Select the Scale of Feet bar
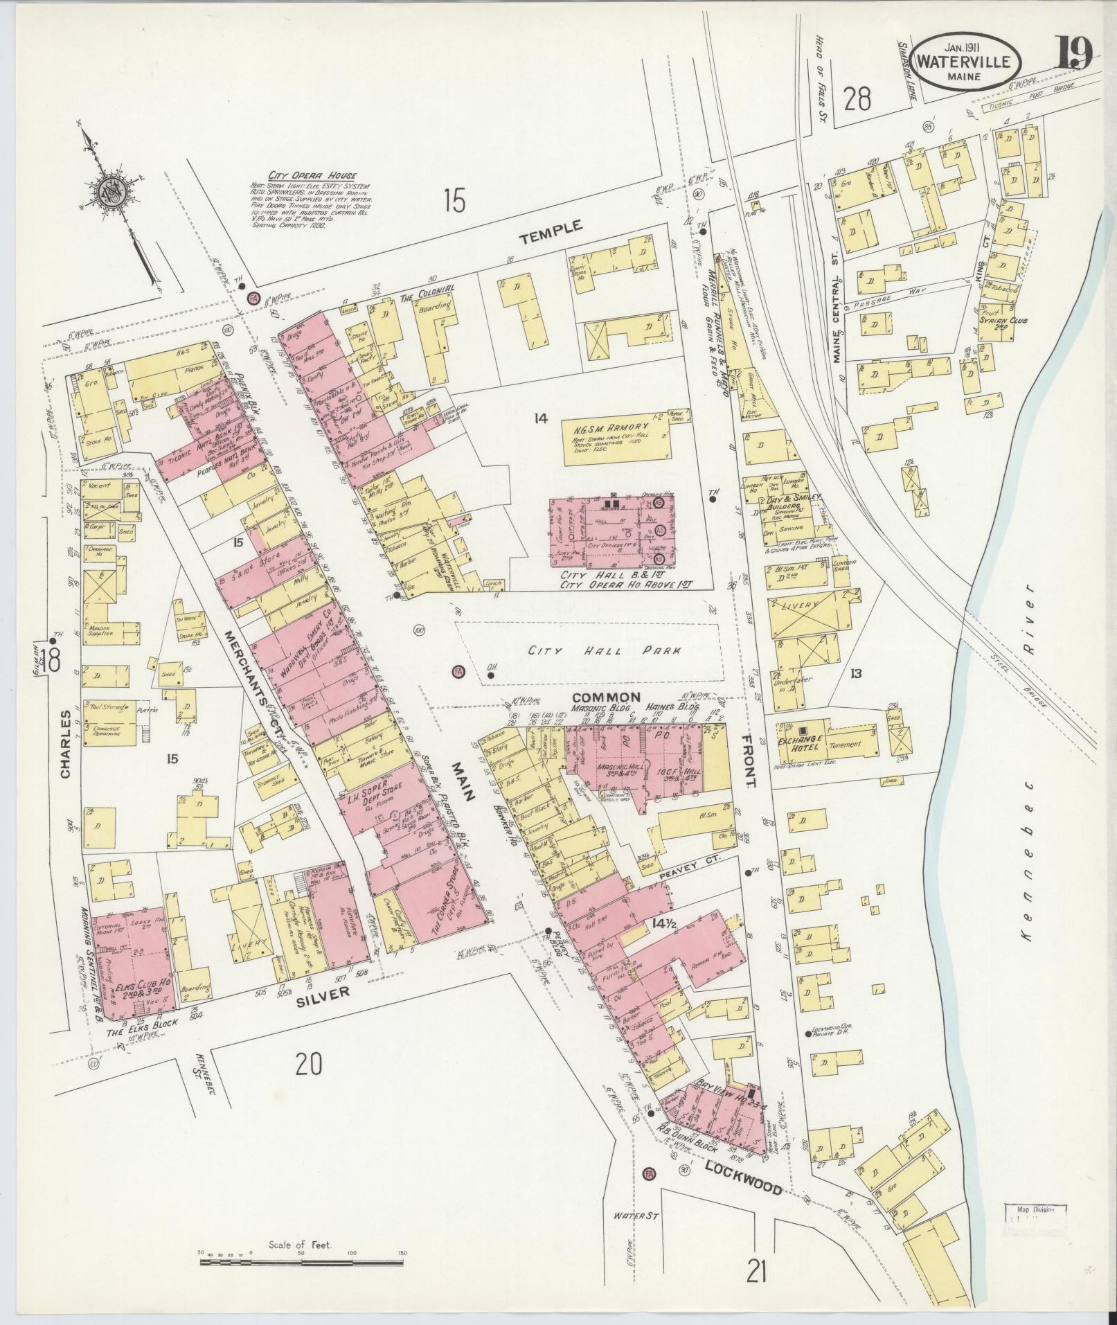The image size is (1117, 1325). tap(301, 1263)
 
